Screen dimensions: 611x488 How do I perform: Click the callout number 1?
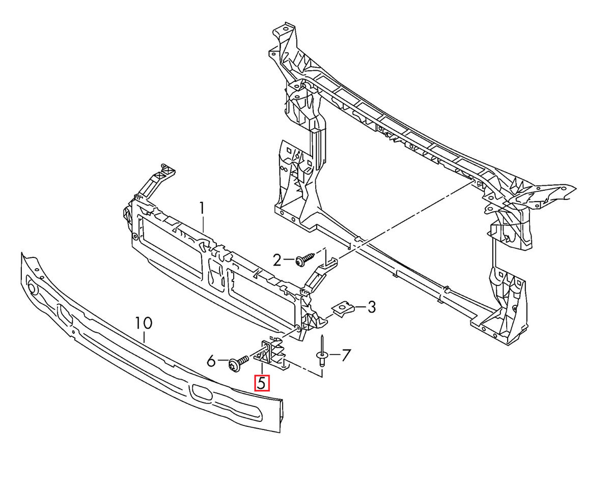pos(202,208)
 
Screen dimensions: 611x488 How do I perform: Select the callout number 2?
pos(277,260)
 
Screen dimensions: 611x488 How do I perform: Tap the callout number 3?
pos(371,307)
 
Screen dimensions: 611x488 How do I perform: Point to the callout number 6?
pos(211,361)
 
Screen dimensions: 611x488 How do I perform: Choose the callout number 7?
pos(345,355)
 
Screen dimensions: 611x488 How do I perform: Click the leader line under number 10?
pos(145,337)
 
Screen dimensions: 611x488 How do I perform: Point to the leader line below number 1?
pos(204,227)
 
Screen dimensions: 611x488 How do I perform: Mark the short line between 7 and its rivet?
pos(334,354)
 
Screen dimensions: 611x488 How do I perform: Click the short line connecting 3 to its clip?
pos(359,307)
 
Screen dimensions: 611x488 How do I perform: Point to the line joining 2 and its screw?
pos(289,259)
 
